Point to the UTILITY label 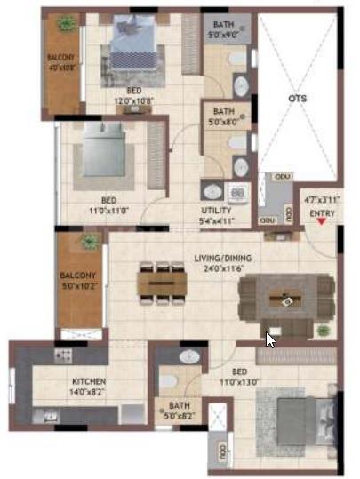[217, 211]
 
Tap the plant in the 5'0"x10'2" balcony [89, 241]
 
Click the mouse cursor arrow [271, 339]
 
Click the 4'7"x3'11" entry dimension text [322, 202]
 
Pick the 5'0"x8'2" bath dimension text [180, 415]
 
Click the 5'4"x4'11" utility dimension [217, 220]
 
